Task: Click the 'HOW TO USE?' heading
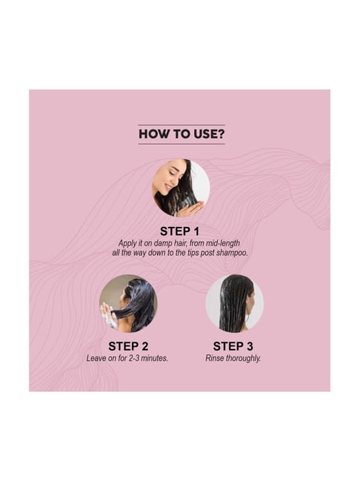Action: [181, 134]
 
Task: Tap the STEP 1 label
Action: [180, 231]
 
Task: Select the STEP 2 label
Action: [128, 346]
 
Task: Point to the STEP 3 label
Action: [233, 346]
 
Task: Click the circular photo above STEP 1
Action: [181, 188]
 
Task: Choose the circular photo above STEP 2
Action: [128, 303]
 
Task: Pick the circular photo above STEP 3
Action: [235, 303]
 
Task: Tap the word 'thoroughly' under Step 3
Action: [243, 359]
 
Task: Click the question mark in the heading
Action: [221, 134]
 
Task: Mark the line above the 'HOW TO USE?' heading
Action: [181, 125]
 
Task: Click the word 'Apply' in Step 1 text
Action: [127, 244]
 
